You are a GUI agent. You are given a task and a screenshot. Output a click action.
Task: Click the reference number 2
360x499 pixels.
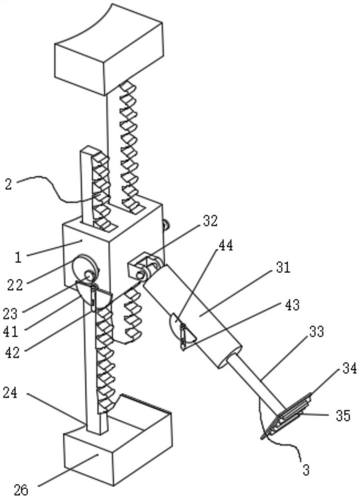click(x=8, y=185)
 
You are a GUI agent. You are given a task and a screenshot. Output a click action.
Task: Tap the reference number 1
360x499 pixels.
click(x=18, y=257)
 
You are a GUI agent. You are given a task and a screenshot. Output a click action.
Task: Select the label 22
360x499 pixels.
click(x=15, y=285)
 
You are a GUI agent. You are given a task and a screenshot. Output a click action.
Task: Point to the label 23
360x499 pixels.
click(x=10, y=314)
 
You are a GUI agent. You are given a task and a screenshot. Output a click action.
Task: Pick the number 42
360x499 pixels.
click(x=13, y=352)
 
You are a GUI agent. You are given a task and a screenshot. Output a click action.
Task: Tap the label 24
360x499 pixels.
click(x=10, y=393)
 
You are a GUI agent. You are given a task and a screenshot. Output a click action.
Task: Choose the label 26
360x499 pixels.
click(x=21, y=490)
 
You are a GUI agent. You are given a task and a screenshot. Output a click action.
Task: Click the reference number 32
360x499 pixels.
click(x=210, y=221)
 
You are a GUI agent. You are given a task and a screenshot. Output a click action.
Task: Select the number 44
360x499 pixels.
click(x=225, y=246)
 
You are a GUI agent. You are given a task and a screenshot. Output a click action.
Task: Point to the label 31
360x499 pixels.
click(x=283, y=267)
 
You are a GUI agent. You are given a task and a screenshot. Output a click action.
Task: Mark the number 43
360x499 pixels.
click(x=292, y=305)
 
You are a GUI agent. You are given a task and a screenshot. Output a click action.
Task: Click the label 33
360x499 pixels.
click(x=317, y=331)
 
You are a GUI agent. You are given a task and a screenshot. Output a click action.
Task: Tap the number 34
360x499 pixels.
click(x=350, y=369)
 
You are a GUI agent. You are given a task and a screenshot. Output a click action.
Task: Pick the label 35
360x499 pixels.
click(x=343, y=416)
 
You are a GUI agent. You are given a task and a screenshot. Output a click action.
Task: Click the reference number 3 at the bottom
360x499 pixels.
click(x=306, y=470)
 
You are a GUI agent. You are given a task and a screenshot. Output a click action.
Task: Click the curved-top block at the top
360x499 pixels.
click(x=109, y=49)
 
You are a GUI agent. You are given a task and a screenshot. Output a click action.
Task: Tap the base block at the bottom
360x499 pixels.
click(x=118, y=446)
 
